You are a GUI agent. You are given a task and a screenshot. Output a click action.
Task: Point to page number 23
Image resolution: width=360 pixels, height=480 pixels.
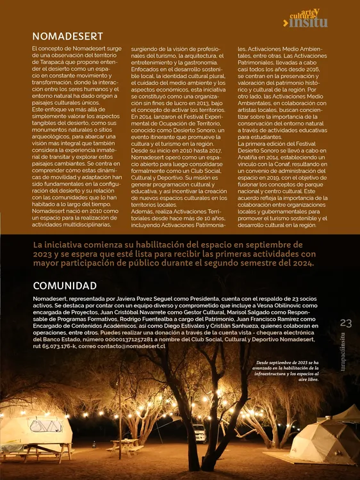tap(346, 323)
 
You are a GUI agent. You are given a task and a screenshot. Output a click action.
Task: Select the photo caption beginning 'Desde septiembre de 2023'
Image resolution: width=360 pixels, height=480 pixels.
tap(287, 371)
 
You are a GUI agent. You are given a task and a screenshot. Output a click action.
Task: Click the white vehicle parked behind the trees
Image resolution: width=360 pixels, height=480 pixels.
tap(199, 432)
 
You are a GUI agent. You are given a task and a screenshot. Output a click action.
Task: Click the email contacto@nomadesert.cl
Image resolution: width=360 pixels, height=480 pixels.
tap(133, 346)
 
